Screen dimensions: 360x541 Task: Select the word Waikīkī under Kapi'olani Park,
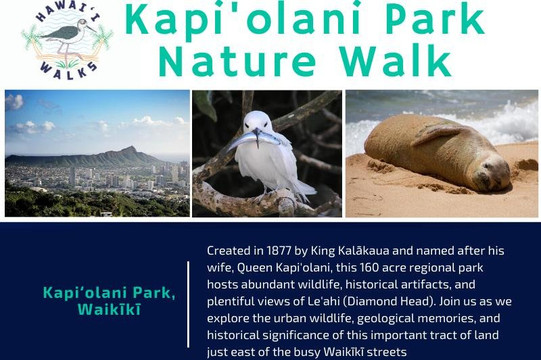109,309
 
